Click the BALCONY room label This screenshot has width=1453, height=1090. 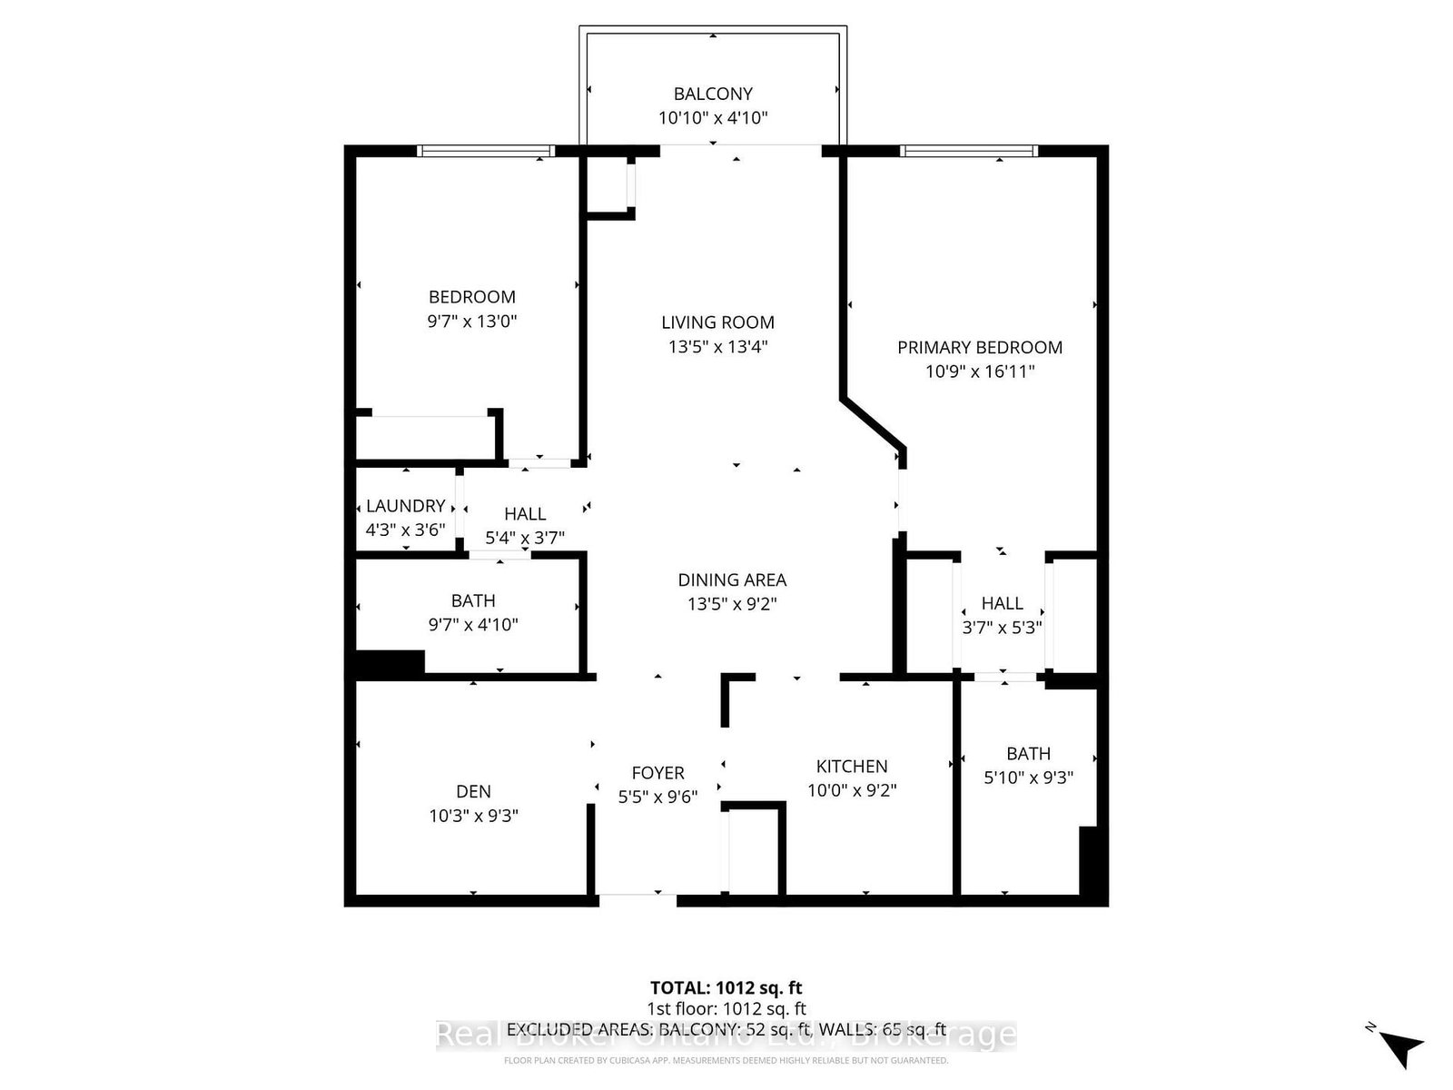pyautogui.click(x=713, y=94)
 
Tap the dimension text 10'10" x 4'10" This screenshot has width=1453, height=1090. pyautogui.click(x=713, y=117)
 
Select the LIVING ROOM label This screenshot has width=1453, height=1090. pyautogui.click(x=717, y=322)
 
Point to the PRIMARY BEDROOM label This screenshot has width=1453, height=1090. pyautogui.click(x=980, y=347)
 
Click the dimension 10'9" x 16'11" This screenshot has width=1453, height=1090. pyautogui.click(x=980, y=371)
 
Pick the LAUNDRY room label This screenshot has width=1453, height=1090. pyautogui.click(x=405, y=506)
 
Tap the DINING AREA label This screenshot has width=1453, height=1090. pyautogui.click(x=732, y=580)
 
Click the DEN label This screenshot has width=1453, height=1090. pyautogui.click(x=473, y=791)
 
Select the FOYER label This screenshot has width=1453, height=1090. pyautogui.click(x=657, y=773)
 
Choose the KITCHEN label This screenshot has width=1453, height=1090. pyautogui.click(x=852, y=766)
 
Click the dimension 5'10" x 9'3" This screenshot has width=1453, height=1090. pyautogui.click(x=1028, y=778)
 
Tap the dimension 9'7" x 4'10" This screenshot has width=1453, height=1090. pyautogui.click(x=473, y=625)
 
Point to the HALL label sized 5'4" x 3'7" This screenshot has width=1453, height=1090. pyautogui.click(x=525, y=514)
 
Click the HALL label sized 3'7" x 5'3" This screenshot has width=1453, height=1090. pyautogui.click(x=1002, y=603)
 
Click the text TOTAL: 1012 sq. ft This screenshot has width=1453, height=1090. pyautogui.click(x=726, y=987)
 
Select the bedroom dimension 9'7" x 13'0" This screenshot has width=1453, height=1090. pyautogui.click(x=472, y=321)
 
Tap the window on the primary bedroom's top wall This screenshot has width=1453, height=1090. pyautogui.click(x=968, y=151)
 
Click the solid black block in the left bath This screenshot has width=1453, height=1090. pyautogui.click(x=390, y=664)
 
